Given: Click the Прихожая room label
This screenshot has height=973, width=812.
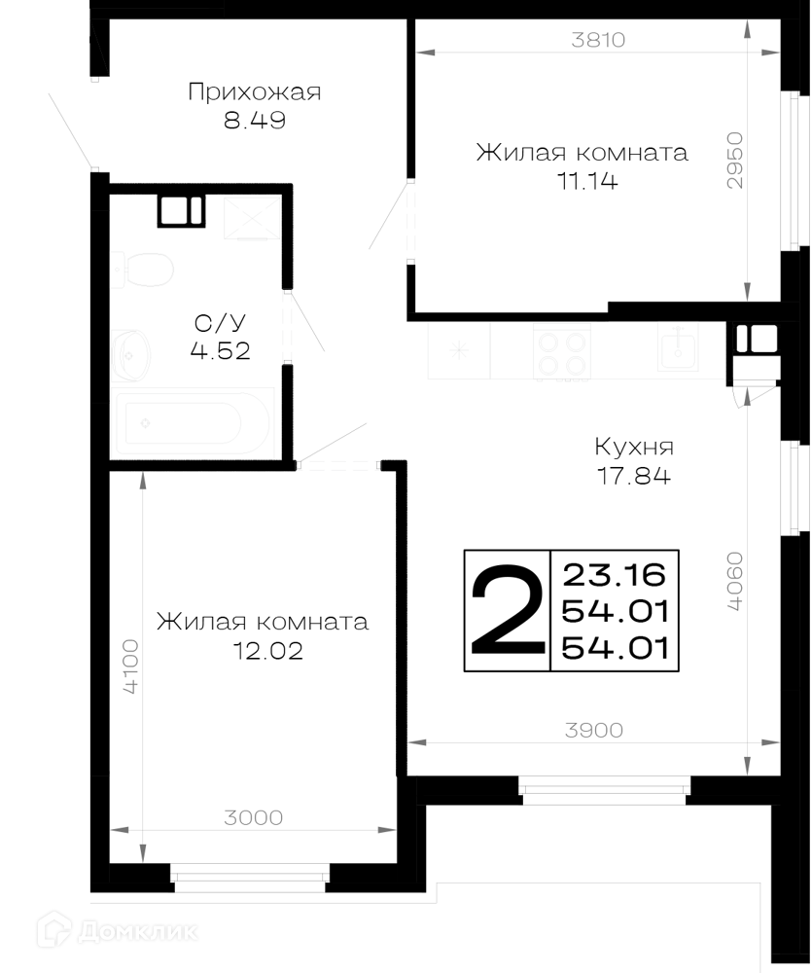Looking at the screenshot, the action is (255, 92).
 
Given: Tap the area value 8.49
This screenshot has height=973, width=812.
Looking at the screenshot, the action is (255, 120).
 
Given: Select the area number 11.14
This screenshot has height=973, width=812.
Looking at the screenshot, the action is (587, 181).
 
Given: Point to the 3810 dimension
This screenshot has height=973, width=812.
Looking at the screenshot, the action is (598, 40).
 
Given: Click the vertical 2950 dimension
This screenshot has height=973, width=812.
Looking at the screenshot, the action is (734, 161).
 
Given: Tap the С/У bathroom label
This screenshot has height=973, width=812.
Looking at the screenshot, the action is (220, 323).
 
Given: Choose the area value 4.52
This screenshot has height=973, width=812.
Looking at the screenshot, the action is (220, 350).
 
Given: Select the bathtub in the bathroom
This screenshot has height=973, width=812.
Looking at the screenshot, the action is (193, 423).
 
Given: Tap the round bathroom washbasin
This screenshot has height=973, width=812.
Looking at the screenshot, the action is (130, 355).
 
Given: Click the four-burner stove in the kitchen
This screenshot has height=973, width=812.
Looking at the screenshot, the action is (561, 351).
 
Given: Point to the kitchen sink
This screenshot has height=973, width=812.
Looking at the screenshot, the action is (678, 348).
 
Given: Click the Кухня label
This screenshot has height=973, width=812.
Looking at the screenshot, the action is (634, 447).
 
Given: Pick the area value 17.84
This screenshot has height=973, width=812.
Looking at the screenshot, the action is (634, 476).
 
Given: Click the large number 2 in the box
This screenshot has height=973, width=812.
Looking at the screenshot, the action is (508, 610).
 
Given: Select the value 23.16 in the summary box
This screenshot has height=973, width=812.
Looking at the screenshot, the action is (615, 575).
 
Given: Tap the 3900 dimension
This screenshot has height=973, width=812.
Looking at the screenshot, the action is (593, 731).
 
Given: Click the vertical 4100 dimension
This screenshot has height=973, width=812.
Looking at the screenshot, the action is (131, 667).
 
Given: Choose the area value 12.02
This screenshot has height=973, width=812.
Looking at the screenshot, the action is (268, 651).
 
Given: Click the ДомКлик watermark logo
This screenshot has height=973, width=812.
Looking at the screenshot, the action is (118, 931).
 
